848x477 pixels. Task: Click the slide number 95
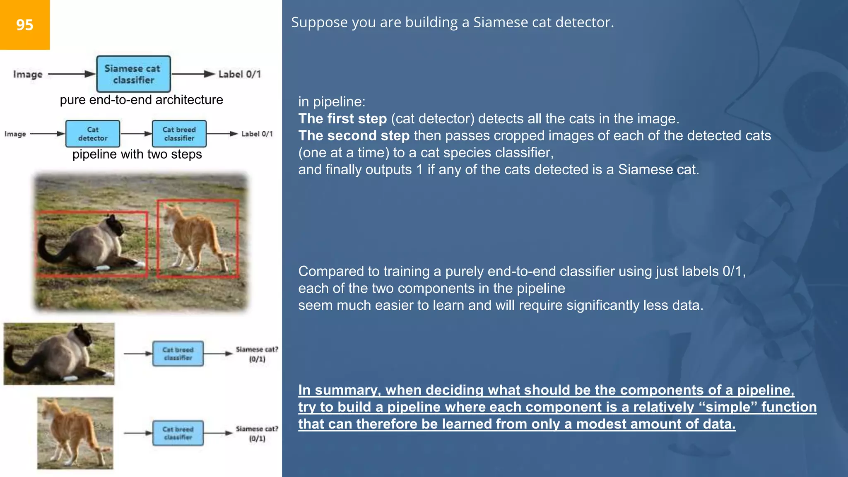pyautogui.click(x=24, y=25)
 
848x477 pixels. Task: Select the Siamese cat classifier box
pyautogui.click(x=133, y=74)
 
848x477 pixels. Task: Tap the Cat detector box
pyautogui.click(x=93, y=134)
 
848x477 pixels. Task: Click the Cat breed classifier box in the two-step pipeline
pyautogui.click(x=179, y=134)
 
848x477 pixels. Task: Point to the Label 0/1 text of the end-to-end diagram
pyautogui.click(x=239, y=74)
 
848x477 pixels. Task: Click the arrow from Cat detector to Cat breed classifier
pyautogui.click(x=136, y=134)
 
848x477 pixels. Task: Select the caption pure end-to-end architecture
pyautogui.click(x=141, y=100)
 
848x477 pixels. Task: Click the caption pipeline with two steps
pyautogui.click(x=137, y=154)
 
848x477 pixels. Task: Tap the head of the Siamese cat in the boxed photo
pyautogui.click(x=113, y=225)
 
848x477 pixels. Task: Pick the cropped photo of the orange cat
pyautogui.click(x=75, y=433)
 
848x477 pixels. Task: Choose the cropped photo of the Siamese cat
pyautogui.click(x=59, y=354)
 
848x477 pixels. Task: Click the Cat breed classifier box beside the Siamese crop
pyautogui.click(x=178, y=354)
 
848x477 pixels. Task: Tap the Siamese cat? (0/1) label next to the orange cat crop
pyautogui.click(x=257, y=434)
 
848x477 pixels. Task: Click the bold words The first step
pyautogui.click(x=342, y=119)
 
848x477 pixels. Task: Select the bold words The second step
pyautogui.click(x=354, y=136)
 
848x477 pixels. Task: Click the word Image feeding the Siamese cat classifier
pyautogui.click(x=28, y=75)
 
